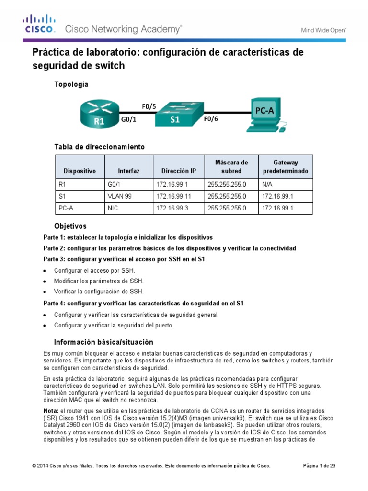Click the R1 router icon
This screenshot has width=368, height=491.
coord(99,114)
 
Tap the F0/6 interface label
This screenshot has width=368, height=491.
coord(211,120)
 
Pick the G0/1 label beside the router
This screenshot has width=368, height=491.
coord(128,121)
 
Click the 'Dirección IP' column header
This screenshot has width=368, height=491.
coord(179,171)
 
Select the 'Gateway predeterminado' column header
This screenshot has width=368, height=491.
coord(286,167)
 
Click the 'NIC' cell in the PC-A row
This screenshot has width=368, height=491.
coord(114,209)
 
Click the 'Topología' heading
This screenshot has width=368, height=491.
coord(71,84)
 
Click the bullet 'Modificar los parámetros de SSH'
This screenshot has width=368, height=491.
coord(98,281)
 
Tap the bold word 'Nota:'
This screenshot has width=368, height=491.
coord(51,411)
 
